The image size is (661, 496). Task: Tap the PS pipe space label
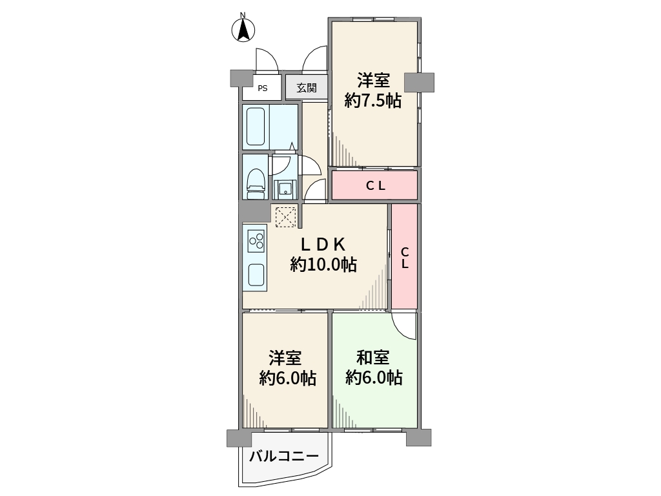(263, 88)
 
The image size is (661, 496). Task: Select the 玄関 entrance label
(307, 88)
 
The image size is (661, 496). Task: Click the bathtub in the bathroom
(256, 127)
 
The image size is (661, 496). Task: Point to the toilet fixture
(256, 183)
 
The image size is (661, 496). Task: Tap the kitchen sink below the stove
(256, 274)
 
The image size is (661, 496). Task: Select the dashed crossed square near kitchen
(286, 217)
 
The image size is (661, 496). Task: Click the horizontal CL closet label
(375, 185)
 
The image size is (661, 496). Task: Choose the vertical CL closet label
(405, 258)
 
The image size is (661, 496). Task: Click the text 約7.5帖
(372, 101)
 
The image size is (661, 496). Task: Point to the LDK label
(323, 244)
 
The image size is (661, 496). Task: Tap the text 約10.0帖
(323, 265)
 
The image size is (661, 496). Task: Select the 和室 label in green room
(373, 358)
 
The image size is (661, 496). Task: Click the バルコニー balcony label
(284, 457)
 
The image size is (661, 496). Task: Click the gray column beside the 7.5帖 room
(419, 82)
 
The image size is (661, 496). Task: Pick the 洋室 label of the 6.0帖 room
(285, 358)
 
